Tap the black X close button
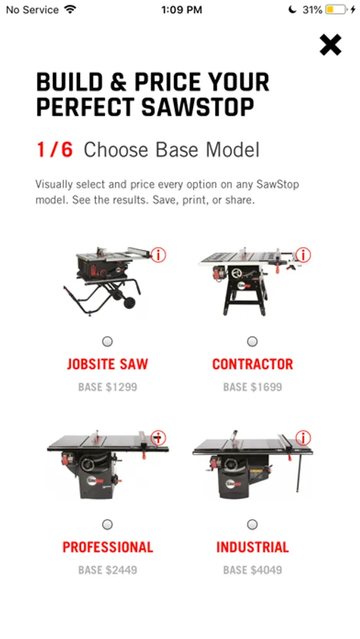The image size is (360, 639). click(x=330, y=45)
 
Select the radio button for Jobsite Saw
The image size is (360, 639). click(x=107, y=342)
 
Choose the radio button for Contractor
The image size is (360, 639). click(x=252, y=342)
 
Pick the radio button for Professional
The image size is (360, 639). click(x=107, y=524)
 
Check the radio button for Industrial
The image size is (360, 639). click(x=252, y=524)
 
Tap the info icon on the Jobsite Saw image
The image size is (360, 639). click(x=158, y=255)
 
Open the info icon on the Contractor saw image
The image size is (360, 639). click(x=303, y=255)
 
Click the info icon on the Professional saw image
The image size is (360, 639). click(x=158, y=438)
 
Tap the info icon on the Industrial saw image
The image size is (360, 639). click(x=303, y=438)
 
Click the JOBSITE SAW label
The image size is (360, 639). click(x=108, y=364)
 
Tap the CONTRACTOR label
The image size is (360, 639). click(x=253, y=364)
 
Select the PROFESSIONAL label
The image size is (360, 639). click(x=108, y=547)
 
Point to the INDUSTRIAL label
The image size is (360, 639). click(x=253, y=547)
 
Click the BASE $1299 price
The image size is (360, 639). click(x=108, y=387)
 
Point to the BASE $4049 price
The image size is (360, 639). click(x=253, y=569)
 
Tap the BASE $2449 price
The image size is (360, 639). click(x=108, y=569)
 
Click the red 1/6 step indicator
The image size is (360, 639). click(x=55, y=150)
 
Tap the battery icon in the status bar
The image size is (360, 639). click(x=336, y=9)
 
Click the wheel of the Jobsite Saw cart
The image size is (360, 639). click(x=130, y=302)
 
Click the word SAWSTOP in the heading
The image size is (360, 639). click(x=198, y=106)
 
